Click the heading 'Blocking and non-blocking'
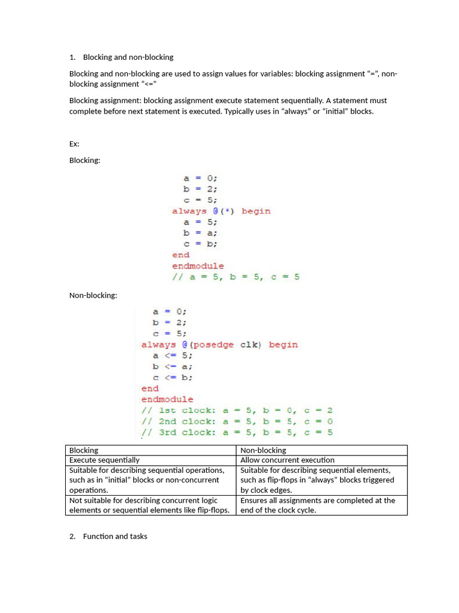pos(128,57)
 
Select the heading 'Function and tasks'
pos(115,536)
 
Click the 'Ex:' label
pos(74,144)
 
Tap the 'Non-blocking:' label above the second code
pos(93,295)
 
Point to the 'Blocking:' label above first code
pos(85,160)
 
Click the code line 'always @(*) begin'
pos(221,211)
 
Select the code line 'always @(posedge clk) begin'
pos(219,345)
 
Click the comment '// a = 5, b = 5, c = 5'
pos(235,277)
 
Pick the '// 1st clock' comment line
pos(237,411)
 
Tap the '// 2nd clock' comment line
pos(237,421)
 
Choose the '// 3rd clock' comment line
pos(237,432)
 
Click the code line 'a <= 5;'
pos(173,356)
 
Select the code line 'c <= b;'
pos(173,378)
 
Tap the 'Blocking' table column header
pos(84,450)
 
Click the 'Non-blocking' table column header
pos(263,450)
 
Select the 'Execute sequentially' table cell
pos(105,460)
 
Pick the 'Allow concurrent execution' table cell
pos(287,460)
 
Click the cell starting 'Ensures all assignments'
pos(317,505)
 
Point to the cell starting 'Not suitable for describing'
pos(149,505)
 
